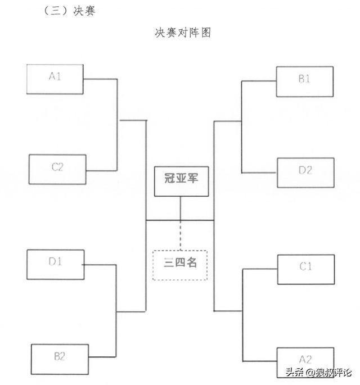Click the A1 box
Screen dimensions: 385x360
point(55,79)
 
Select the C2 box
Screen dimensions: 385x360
point(57,169)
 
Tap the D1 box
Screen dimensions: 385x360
point(55,264)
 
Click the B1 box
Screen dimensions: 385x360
point(304,81)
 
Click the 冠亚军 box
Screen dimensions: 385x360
point(181,181)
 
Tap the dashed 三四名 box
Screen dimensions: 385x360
point(180,264)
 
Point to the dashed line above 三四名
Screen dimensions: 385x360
point(180,234)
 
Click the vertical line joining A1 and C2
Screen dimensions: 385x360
point(117,125)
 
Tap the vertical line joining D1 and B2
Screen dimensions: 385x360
point(117,311)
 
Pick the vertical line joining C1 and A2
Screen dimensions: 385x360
point(242,315)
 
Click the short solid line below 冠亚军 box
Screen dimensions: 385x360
point(180,209)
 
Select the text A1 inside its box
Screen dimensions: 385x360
point(55,77)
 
